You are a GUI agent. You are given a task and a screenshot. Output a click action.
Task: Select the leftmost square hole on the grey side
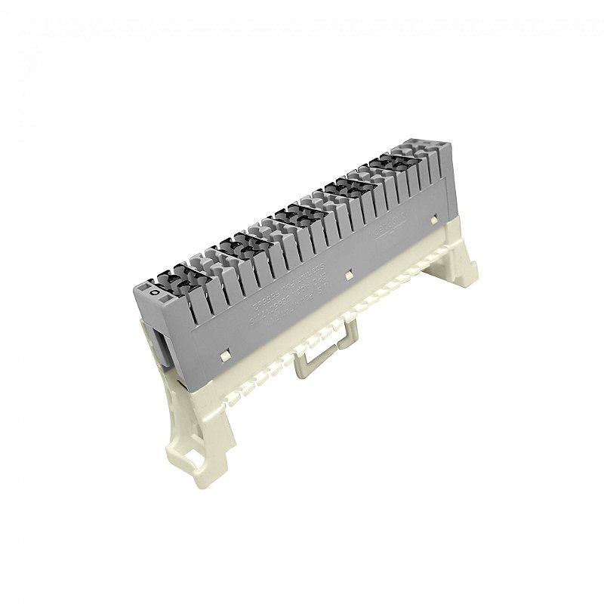[x=225, y=352]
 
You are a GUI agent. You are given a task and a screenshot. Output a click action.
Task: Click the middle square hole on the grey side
[x=348, y=275]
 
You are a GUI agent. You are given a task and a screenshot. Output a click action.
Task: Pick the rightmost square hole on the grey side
[x=434, y=220]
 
